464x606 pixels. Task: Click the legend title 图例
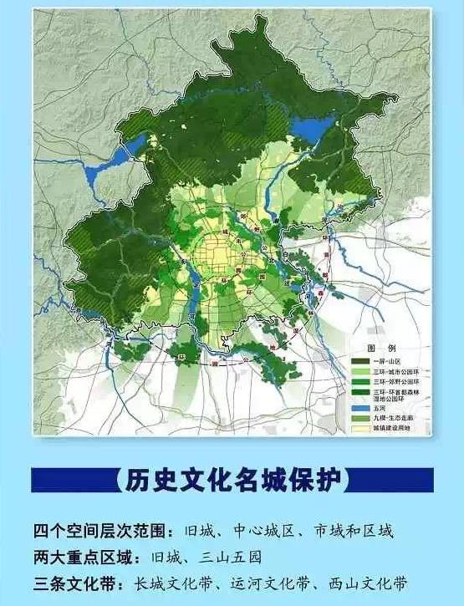(374, 347)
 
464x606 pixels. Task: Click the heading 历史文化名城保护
(232, 481)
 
